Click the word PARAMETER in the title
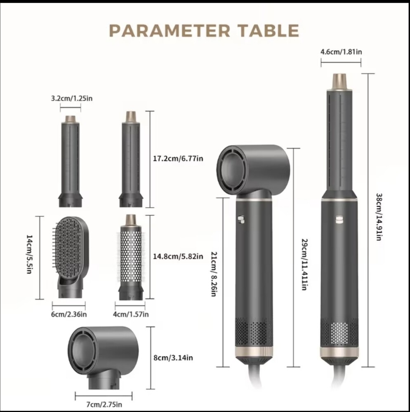tap(170, 31)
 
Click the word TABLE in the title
tap(269, 31)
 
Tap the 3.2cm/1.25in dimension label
tap(72, 98)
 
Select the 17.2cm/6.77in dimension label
tap(178, 159)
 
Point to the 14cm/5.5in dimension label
tap(29, 254)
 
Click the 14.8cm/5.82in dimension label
tap(178, 256)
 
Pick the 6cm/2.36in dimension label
tap(69, 314)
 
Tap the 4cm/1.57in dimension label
tap(131, 314)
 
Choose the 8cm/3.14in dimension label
tap(173, 358)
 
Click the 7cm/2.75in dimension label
tap(104, 404)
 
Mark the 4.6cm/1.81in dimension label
tap(341, 52)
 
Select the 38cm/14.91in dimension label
tap(379, 217)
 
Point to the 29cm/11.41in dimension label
tap(304, 265)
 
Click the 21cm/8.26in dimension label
tap(214, 274)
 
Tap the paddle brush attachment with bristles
tap(71, 257)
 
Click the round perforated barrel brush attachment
tap(131, 257)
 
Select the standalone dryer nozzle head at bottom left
tap(103, 357)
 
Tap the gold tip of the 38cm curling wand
tap(339, 82)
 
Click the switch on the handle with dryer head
tap(240, 220)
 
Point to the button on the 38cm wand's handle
tap(339, 220)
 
